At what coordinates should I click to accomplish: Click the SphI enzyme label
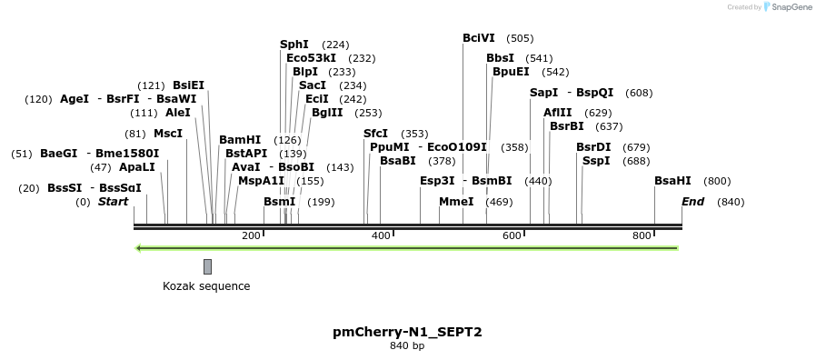pyautogui.click(x=294, y=45)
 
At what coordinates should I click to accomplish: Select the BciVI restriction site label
pyautogui.click(x=479, y=38)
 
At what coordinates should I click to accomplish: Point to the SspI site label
pyautogui.click(x=596, y=161)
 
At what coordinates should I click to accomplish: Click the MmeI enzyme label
pyautogui.click(x=456, y=202)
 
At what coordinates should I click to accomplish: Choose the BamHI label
pyautogui.click(x=240, y=140)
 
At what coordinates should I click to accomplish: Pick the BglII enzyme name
pyautogui.click(x=327, y=113)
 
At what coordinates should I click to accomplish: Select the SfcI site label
pyautogui.click(x=375, y=134)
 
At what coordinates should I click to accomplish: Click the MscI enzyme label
pyautogui.click(x=168, y=134)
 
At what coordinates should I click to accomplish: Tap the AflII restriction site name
pyautogui.click(x=558, y=113)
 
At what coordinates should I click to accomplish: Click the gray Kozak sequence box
pyautogui.click(x=207, y=266)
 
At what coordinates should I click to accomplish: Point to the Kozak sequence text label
pyautogui.click(x=206, y=286)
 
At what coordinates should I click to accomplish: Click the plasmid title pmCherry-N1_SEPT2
pyautogui.click(x=407, y=332)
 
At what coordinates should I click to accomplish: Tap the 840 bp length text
pyautogui.click(x=407, y=346)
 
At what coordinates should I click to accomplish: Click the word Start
pyautogui.click(x=114, y=202)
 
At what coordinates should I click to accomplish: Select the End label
pyautogui.click(x=693, y=202)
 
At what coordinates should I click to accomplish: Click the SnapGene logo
pyautogui.click(x=787, y=7)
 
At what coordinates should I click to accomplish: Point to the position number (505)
pyautogui.click(x=520, y=38)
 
